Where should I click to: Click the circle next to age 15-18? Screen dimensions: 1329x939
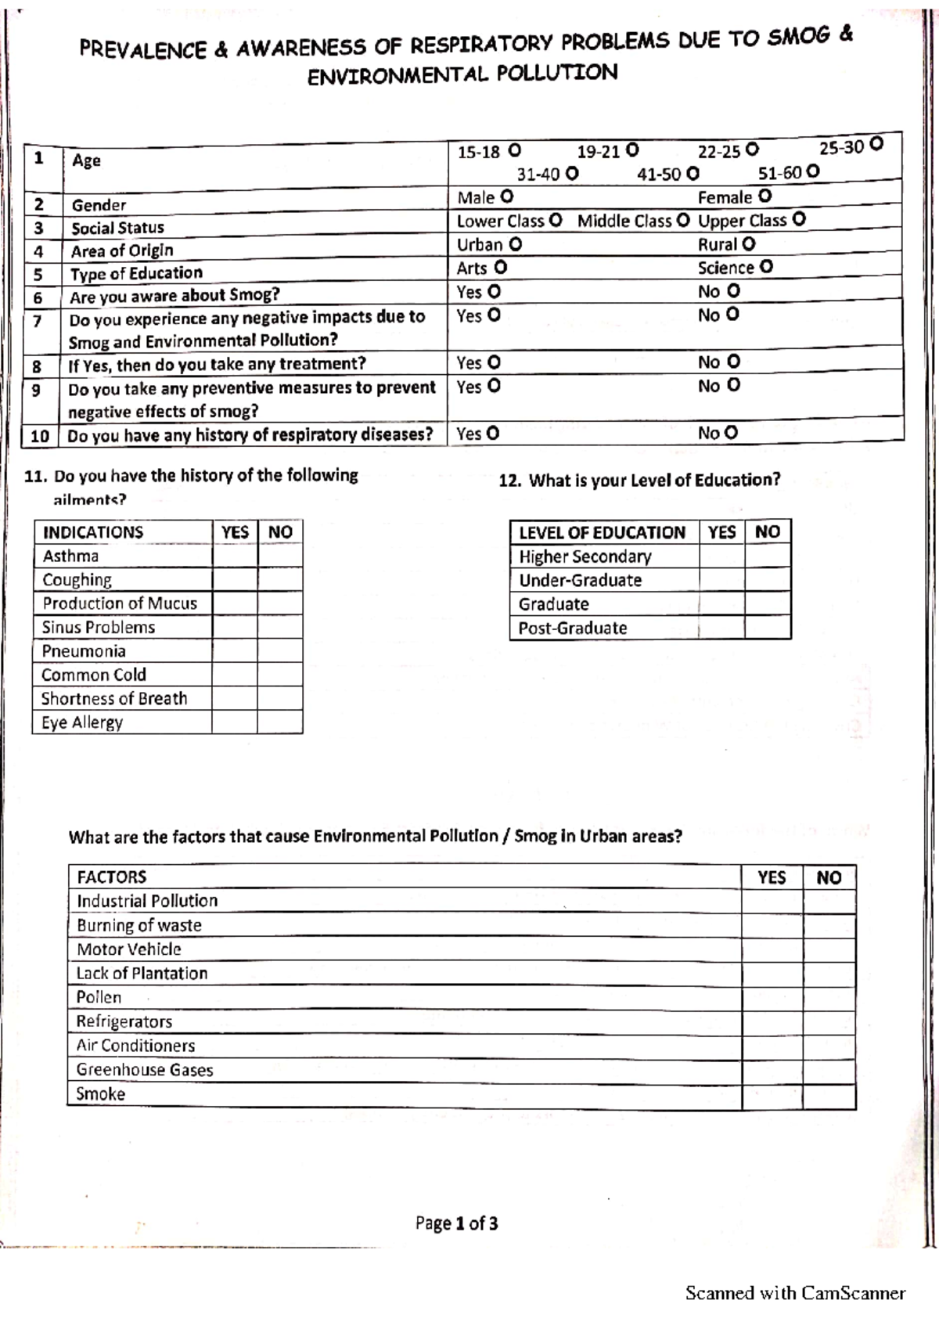click(x=514, y=150)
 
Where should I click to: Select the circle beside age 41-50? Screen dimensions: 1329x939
click(x=692, y=173)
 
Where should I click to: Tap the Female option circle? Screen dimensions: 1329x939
click(x=765, y=196)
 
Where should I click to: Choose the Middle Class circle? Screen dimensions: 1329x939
click(x=682, y=221)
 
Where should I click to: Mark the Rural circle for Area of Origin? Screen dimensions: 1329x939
click(x=749, y=243)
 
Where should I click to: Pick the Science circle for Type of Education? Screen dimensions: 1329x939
click(x=766, y=267)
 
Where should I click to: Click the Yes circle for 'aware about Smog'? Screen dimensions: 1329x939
click(x=494, y=292)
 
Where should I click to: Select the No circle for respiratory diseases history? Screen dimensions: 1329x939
click(x=731, y=432)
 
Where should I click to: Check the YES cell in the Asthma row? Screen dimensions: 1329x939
click(x=235, y=556)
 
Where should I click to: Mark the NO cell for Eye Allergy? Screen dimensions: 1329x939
click(x=280, y=722)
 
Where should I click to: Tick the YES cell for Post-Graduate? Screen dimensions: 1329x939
click(x=721, y=628)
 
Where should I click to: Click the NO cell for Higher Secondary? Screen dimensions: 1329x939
click(x=768, y=556)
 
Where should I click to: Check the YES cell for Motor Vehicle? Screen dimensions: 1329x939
click(x=772, y=949)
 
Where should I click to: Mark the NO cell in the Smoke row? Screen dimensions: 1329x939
click(x=829, y=1094)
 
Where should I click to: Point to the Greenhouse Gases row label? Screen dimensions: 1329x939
click(x=145, y=1070)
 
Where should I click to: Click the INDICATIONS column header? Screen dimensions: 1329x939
click(x=93, y=532)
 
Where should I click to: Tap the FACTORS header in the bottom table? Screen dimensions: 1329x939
click(x=112, y=877)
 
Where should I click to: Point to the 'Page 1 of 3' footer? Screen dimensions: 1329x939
click(x=457, y=1223)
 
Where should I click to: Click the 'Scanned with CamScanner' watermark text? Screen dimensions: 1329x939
click(x=795, y=1293)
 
